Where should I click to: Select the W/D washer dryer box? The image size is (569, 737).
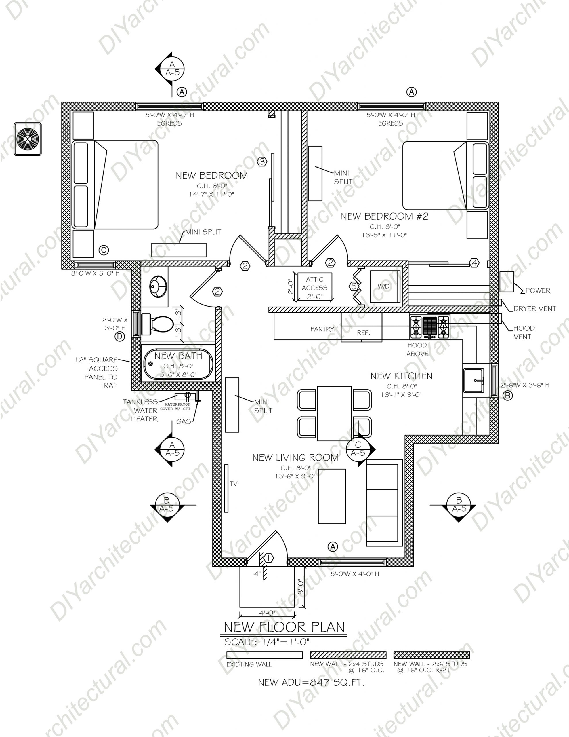click(385, 286)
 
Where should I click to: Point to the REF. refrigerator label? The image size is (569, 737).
click(364, 333)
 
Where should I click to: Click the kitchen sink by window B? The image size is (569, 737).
click(474, 381)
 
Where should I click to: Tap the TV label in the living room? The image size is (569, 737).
click(233, 484)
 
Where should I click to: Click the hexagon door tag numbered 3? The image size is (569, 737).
click(262, 162)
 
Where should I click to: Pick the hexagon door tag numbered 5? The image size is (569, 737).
click(354, 286)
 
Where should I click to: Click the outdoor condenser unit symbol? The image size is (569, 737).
click(28, 139)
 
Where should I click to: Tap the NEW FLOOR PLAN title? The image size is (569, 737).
click(285, 627)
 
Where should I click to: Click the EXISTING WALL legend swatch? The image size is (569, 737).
click(264, 655)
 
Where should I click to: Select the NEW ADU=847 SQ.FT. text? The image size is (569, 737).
click(311, 683)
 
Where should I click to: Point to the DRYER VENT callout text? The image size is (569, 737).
click(534, 308)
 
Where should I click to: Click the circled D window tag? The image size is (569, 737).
click(120, 337)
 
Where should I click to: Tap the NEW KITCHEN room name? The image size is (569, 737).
click(401, 376)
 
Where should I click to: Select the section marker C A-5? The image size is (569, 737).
click(358, 449)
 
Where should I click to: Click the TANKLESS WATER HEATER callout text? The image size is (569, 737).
click(140, 410)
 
